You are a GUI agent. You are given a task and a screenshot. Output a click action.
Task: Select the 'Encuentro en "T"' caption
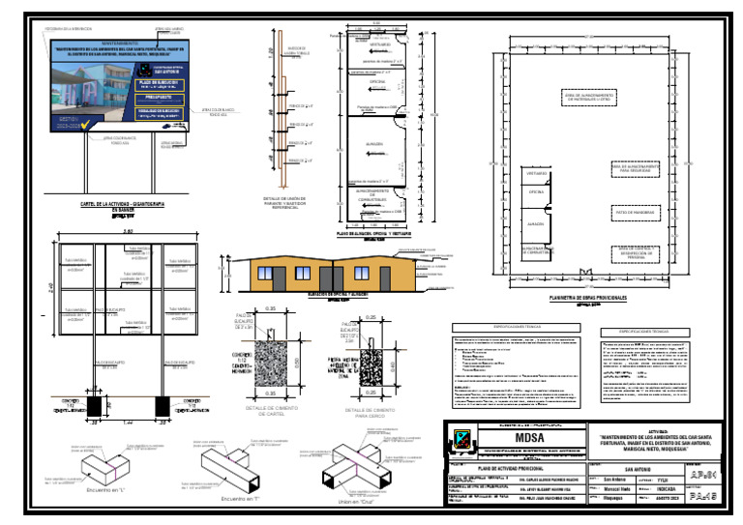[237, 499]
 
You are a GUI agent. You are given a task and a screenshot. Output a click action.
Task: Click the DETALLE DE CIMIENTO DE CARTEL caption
[264, 412]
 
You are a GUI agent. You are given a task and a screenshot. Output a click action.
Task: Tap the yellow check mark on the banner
[86, 124]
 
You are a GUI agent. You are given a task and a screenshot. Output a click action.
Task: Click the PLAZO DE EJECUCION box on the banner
[171, 84]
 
